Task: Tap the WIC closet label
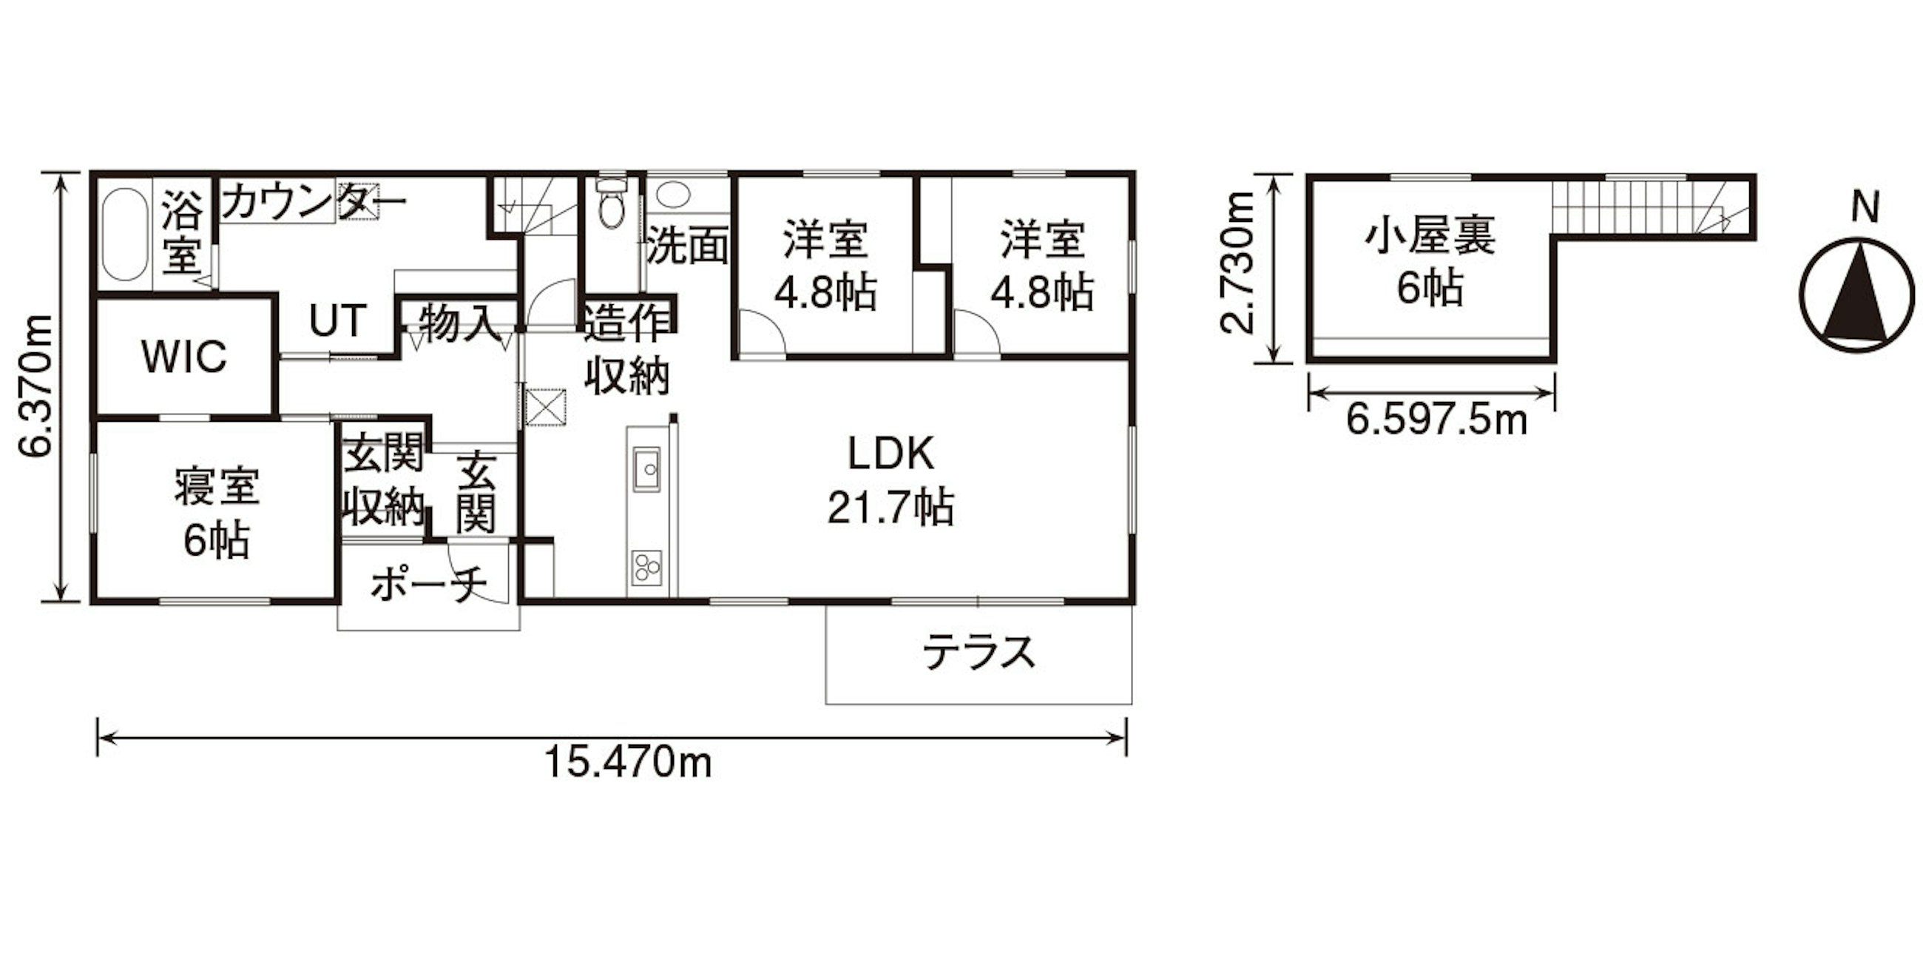183,357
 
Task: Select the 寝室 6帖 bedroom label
217,514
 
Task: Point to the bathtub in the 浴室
124,234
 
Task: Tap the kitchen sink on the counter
646,469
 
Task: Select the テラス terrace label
979,653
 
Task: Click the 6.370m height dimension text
35,386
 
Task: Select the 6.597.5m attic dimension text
1437,420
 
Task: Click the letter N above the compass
1865,207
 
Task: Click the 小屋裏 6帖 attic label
1430,262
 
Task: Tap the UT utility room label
338,320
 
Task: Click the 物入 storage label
458,323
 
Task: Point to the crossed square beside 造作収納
546,406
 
